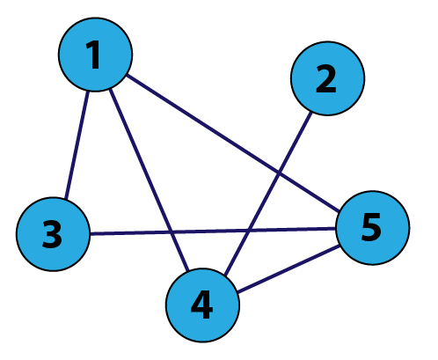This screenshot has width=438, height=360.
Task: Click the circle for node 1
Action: tap(95, 55)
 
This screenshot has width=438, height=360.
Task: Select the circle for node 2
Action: tap(327, 78)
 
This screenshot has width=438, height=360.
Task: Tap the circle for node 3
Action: tap(53, 234)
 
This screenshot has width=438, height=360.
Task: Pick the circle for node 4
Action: tap(202, 305)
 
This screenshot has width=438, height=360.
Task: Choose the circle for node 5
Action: tap(373, 228)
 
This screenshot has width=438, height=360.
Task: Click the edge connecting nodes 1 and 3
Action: tap(77, 145)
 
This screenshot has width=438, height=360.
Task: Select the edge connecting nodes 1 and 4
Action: tap(149, 180)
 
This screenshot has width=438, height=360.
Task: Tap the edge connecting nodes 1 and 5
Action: tap(233, 143)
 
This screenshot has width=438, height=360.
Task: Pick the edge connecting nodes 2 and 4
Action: tap(268, 194)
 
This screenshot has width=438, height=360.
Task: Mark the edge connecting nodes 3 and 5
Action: tap(213, 231)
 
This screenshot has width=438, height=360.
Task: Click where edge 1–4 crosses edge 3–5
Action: tap(172, 232)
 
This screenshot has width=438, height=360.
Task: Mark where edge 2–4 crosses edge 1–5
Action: tap(278, 174)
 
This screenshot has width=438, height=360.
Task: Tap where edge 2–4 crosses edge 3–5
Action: tap(248, 230)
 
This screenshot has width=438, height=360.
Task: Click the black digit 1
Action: tap(94, 55)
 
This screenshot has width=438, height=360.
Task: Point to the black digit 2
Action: tap(326, 78)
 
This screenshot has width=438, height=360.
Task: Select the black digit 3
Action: tap(52, 234)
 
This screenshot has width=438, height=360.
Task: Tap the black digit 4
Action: tap(201, 305)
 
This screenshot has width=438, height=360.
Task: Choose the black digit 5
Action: tap(371, 228)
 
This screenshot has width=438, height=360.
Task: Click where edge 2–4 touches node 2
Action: tap(311, 113)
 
